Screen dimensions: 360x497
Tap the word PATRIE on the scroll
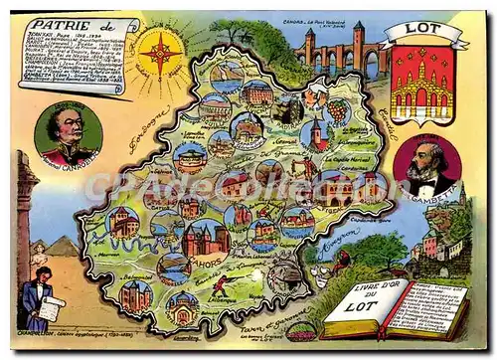pos(58,25)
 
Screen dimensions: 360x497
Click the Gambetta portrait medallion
pos(425,166)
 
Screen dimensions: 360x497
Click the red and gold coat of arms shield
pos(421,84)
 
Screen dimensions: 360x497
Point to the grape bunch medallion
pos(339,108)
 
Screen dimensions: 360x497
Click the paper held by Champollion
pos(50,307)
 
